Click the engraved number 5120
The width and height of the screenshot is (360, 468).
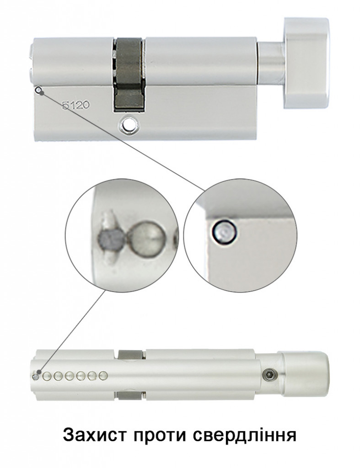click(75, 105)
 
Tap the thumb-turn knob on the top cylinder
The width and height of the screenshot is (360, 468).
click(306, 63)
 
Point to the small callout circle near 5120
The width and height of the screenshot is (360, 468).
click(38, 90)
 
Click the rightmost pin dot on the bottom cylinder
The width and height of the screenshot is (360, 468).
click(103, 376)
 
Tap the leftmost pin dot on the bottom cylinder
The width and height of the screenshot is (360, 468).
click(36, 376)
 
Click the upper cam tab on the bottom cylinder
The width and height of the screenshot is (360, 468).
click(130, 354)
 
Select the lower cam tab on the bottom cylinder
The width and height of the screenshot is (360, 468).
click(130, 395)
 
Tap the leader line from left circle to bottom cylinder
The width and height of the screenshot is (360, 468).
click(74, 330)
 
